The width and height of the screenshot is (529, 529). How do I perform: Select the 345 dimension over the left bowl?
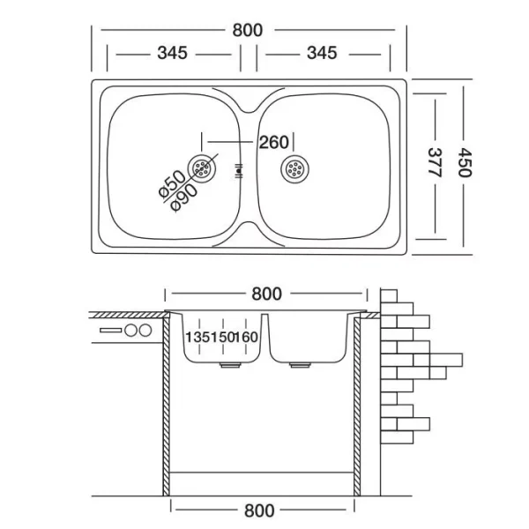(172, 53)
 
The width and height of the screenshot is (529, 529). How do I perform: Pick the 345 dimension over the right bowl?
(322, 53)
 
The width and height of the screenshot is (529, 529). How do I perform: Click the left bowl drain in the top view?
(205, 167)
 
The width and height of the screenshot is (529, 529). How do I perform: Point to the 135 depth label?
(197, 336)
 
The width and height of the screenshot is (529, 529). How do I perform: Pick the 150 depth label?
(220, 336)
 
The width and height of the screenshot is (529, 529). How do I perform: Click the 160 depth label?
(246, 336)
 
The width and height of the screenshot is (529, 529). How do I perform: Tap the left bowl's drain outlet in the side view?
(227, 361)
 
